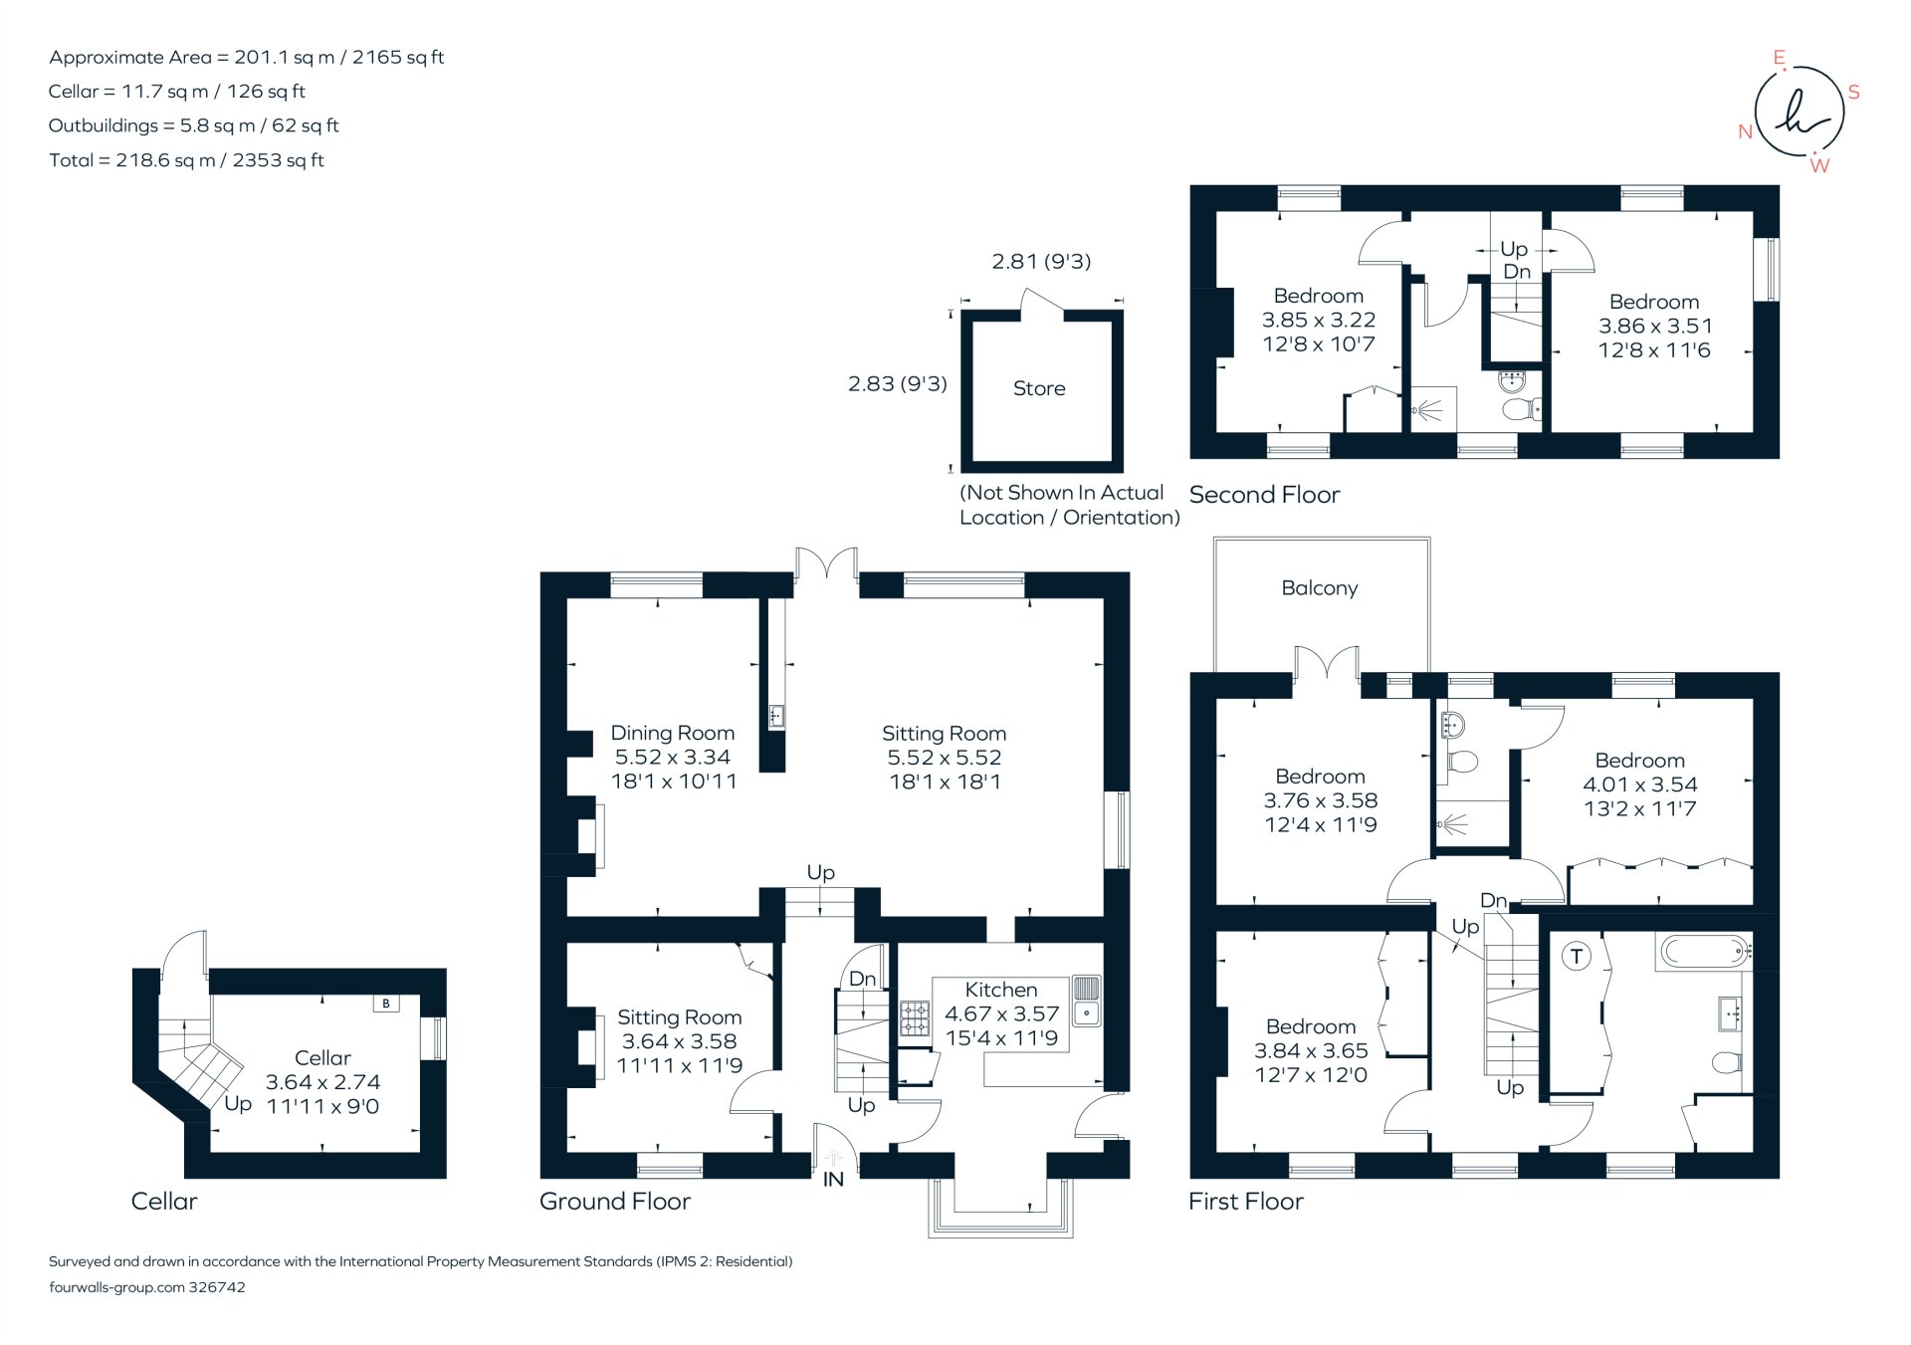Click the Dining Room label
(x=672, y=733)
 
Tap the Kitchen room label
(x=1000, y=990)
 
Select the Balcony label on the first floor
(x=1319, y=588)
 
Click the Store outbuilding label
(x=1038, y=388)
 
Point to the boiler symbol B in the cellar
(x=386, y=1004)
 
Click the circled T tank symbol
(x=1576, y=957)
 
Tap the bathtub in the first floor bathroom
(x=1704, y=952)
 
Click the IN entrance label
(x=833, y=1180)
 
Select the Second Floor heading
(x=1264, y=495)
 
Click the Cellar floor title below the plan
(x=164, y=1202)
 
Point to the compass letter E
(x=1780, y=58)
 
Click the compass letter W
(x=1819, y=166)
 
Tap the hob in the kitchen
(x=914, y=1018)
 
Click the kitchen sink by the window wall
(x=1087, y=1000)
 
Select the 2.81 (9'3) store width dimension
(x=1041, y=261)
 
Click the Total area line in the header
(x=186, y=160)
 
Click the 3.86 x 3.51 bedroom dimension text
(x=1654, y=326)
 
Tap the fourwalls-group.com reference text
(x=147, y=1287)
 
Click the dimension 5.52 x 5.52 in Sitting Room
(x=944, y=758)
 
